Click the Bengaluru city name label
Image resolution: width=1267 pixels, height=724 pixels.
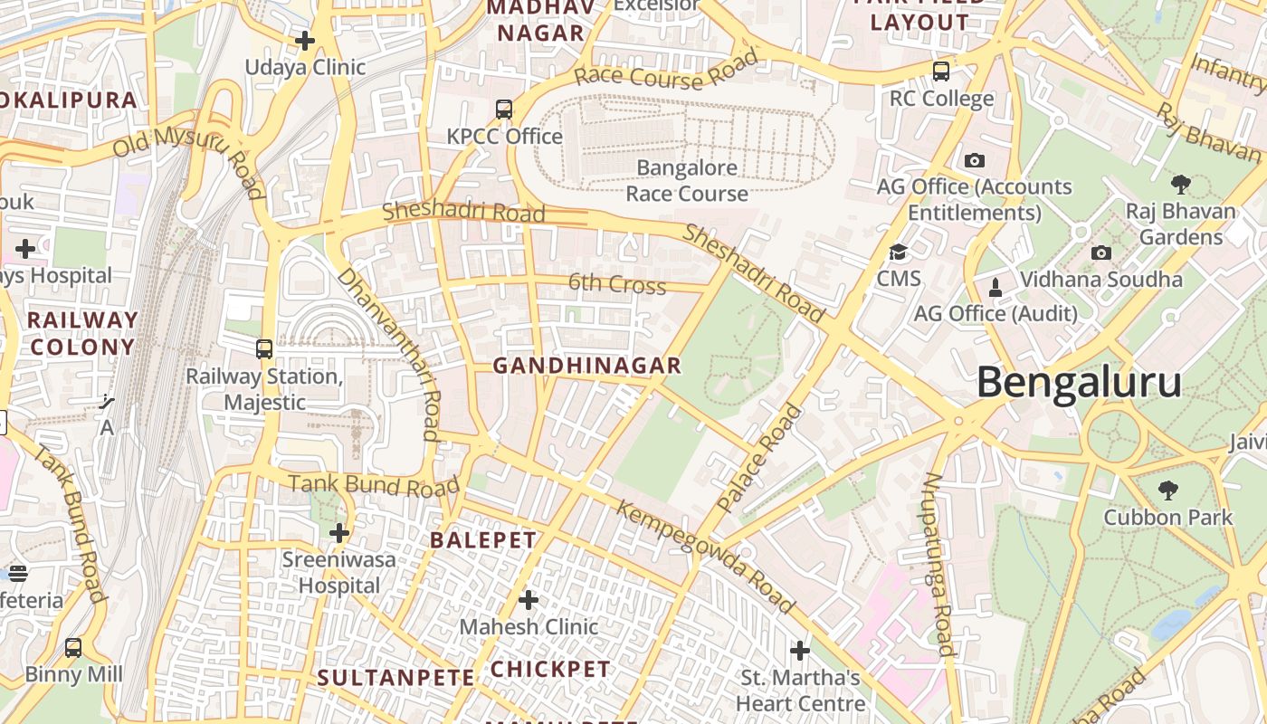tap(1079, 383)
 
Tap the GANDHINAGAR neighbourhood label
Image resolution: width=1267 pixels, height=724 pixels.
tap(586, 366)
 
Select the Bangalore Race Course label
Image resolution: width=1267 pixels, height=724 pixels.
tap(687, 180)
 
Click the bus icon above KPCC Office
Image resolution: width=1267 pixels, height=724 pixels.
tap(504, 110)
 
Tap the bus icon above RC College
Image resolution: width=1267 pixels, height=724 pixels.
tap(941, 71)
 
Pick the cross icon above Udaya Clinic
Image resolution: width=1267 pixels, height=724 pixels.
tap(305, 41)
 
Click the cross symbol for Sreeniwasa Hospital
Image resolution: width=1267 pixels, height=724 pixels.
tap(339, 533)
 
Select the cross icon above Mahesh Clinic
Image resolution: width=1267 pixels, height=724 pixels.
tap(529, 600)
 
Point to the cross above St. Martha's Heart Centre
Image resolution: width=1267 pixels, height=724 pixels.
tap(800, 651)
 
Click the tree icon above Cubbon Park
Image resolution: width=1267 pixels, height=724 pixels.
tap(1167, 491)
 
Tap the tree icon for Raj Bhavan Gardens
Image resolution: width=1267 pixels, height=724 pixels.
tap(1180, 185)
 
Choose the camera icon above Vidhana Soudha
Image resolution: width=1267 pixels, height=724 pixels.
tap(1101, 252)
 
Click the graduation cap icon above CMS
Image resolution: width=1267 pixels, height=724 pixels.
tap(898, 252)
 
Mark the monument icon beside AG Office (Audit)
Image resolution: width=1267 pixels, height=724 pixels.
tap(995, 288)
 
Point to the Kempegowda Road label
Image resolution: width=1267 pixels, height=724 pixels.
tap(705, 556)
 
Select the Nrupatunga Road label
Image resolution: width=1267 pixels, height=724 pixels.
tap(938, 564)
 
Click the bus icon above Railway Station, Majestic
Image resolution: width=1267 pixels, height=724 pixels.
tap(264, 348)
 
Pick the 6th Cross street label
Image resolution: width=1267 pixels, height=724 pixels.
tap(616, 284)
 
